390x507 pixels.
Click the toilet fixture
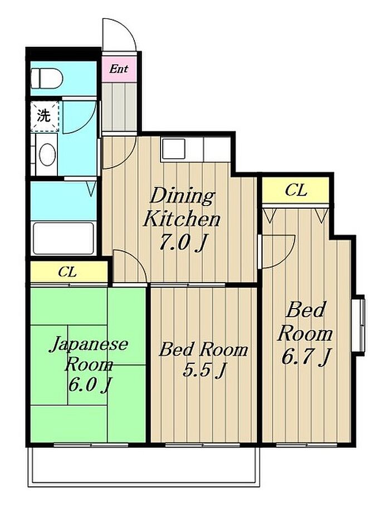point(47,78)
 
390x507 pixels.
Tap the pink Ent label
point(118,69)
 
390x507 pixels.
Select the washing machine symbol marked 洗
point(45,116)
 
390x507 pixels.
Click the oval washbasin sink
point(47,154)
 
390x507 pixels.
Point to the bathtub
point(64,238)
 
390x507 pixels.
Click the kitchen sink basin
point(174,149)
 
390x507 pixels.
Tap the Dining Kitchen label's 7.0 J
point(182,243)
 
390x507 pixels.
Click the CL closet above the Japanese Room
point(69,272)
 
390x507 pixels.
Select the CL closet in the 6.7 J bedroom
point(296,191)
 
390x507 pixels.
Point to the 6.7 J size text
point(306,357)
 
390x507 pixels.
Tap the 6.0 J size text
point(90,384)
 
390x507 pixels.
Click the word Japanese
point(88,345)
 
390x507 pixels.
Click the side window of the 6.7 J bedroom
point(359,325)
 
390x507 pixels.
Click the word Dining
point(183,196)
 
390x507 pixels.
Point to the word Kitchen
point(182,219)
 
